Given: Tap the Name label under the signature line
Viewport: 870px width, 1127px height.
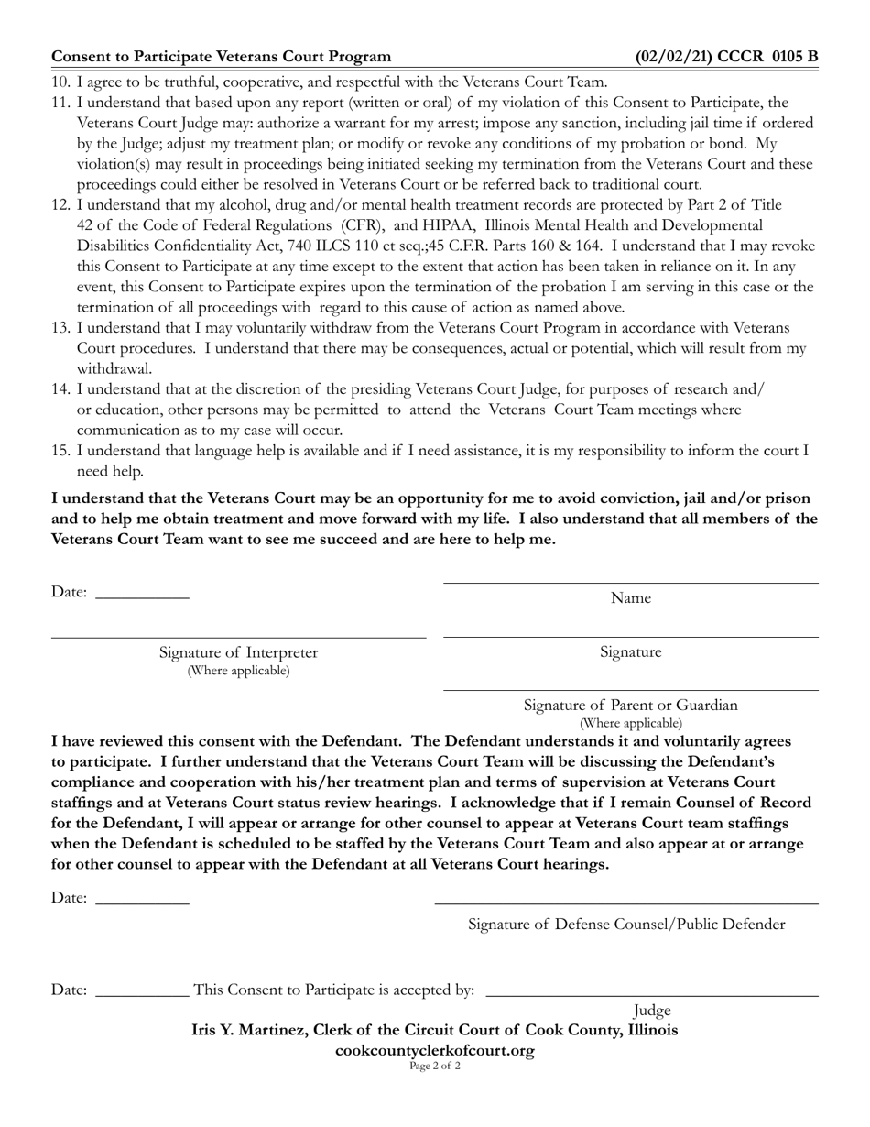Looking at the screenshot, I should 630,598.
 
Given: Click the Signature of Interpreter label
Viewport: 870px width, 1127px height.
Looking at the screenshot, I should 238,652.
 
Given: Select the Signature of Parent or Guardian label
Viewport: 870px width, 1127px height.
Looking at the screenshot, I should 630,705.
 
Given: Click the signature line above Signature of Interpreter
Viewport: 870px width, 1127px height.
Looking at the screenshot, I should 238,636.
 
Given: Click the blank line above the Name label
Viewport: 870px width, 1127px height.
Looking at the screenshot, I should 630,583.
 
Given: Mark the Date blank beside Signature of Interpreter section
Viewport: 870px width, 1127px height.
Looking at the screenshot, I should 142,596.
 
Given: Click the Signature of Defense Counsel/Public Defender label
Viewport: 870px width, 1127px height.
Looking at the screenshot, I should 626,924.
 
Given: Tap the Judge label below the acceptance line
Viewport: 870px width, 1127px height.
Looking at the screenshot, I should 652,1010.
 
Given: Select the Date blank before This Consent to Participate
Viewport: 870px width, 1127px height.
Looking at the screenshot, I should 142,993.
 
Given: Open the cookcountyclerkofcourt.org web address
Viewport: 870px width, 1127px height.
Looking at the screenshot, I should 435,1050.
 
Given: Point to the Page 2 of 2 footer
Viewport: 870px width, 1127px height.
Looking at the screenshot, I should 435,1066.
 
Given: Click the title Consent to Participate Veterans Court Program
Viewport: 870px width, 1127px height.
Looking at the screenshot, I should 221,57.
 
